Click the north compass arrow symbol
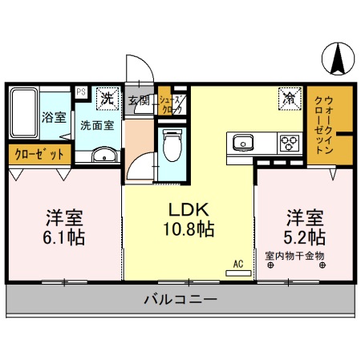point(336,57)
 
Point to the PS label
point(81,92)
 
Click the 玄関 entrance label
point(139,101)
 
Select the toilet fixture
point(170,144)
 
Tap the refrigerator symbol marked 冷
point(287,99)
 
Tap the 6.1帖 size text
point(64,237)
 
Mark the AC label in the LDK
point(237,262)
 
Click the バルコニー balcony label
point(180,300)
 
